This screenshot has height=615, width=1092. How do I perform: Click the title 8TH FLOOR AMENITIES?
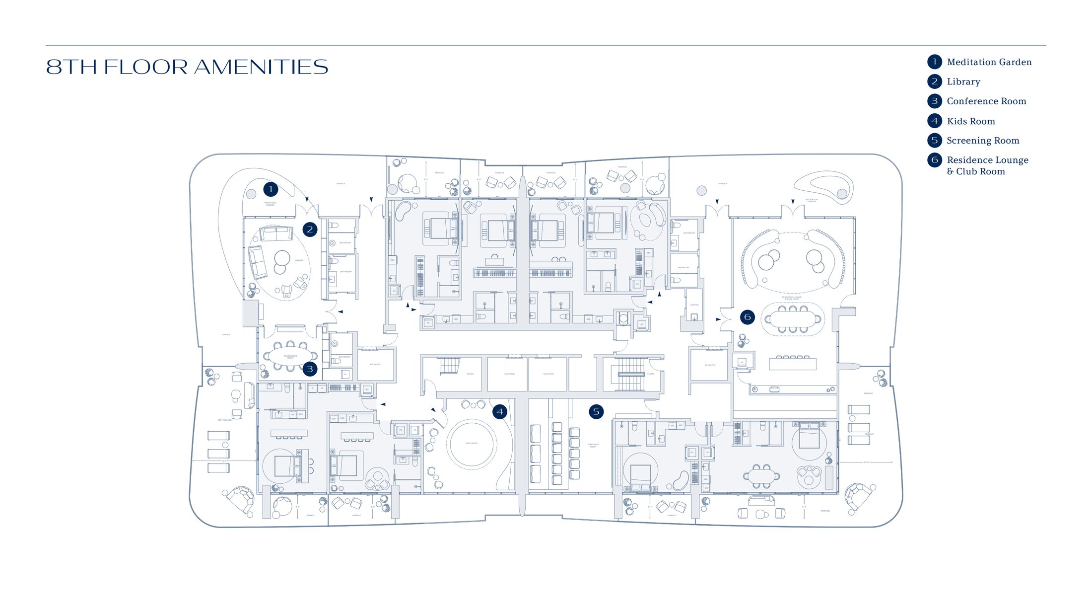coord(187,67)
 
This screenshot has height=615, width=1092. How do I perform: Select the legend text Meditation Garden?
coord(989,62)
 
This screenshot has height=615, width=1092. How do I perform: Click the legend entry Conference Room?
coord(986,101)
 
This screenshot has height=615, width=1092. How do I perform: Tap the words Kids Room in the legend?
coord(970,121)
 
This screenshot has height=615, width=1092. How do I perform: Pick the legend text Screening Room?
coord(982,141)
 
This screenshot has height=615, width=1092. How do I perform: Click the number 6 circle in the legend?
coord(934,160)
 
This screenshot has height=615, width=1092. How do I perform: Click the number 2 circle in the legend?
coord(934,81)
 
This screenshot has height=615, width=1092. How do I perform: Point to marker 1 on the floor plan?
coord(271,189)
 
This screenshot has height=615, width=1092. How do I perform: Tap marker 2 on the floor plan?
coord(310,230)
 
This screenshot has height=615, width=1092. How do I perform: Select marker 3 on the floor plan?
coord(310,369)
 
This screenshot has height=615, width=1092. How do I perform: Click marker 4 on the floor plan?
coord(499,412)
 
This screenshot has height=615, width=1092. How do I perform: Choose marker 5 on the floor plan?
coord(596,412)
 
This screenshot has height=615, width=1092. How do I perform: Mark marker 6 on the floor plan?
coord(747,317)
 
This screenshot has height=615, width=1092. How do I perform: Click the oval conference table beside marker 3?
coord(290,356)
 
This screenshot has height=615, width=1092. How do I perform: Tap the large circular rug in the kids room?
coord(471,444)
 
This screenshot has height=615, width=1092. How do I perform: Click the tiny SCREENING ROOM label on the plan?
coord(593,446)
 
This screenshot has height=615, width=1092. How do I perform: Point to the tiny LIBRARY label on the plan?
coord(299,260)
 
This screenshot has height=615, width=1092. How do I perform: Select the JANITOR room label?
coord(694,305)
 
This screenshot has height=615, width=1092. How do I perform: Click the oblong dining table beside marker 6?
coord(793,319)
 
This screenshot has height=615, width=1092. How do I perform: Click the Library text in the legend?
coord(963,82)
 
